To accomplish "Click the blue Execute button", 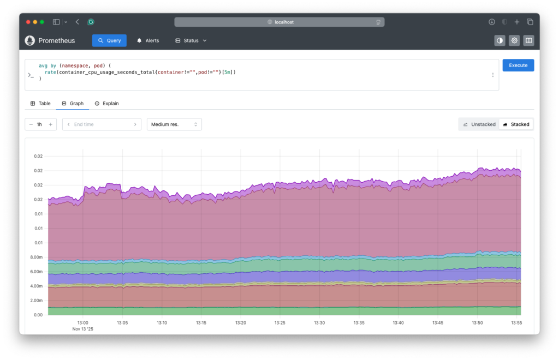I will tap(518, 65).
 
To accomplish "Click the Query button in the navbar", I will tap(109, 40).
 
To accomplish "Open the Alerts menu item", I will tap(148, 40).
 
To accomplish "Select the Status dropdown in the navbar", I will tap(191, 40).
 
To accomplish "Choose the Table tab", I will tap(40, 103).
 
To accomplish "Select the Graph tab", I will tap(73, 103).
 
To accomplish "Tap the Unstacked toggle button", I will tap(479, 124).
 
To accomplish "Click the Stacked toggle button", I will tap(516, 124).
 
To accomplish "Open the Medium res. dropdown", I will tap(174, 124).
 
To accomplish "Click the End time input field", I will tap(102, 124).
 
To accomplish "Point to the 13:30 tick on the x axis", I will tap(319, 323).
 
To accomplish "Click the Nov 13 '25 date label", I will tap(83, 329).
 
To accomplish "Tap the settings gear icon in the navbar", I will tap(514, 40).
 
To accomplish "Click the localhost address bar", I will tap(279, 22).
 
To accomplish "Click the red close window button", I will tap(28, 22).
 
